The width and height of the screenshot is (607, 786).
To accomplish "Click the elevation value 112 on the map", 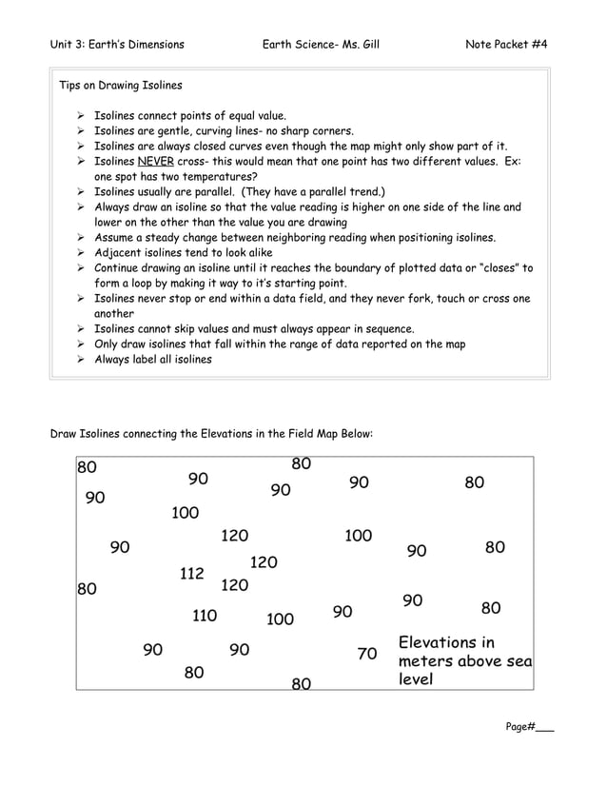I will [192, 574].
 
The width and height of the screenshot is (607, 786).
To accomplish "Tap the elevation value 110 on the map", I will [205, 616].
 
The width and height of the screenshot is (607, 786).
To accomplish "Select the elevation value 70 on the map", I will [367, 654].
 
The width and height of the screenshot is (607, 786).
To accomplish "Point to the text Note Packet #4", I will [506, 45].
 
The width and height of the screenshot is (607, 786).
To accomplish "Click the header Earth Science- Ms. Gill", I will [320, 45].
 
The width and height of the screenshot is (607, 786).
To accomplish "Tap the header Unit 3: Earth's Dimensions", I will [117, 45].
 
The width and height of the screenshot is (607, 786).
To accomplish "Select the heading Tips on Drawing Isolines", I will [121, 86].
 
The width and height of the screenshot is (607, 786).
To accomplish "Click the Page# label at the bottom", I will [520, 727].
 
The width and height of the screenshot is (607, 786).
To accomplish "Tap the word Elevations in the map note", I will [439, 642].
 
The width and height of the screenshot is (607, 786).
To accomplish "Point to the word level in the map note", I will [416, 679].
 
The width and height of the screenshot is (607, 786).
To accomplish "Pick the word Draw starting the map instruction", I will [64, 434].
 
